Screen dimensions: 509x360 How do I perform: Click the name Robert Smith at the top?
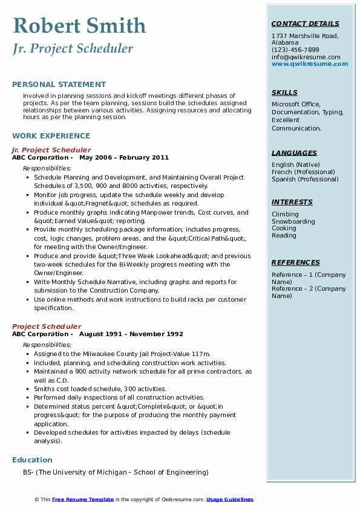pos(79,25)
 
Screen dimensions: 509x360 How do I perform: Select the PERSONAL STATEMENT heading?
pos(59,85)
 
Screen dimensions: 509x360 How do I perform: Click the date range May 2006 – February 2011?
pos(124,157)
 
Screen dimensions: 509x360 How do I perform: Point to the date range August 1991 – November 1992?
pos(131,334)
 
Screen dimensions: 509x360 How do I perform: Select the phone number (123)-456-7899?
pos(295,50)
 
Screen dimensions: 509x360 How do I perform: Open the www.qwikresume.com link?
pos(310,64)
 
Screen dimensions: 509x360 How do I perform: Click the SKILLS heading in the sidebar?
pos(284,93)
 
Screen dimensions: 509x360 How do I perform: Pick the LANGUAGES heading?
pos(294,154)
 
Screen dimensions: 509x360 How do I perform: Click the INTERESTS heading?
pos(292,203)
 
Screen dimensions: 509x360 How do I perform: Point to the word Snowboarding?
pos(293,222)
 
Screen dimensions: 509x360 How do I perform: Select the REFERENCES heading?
pos(296,263)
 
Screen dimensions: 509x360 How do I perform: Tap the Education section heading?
pos(32,459)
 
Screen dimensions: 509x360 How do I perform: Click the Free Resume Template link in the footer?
pos(83,499)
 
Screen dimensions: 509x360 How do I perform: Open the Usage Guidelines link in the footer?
pos(229,499)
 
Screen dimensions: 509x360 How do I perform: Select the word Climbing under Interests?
pos(285,215)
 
